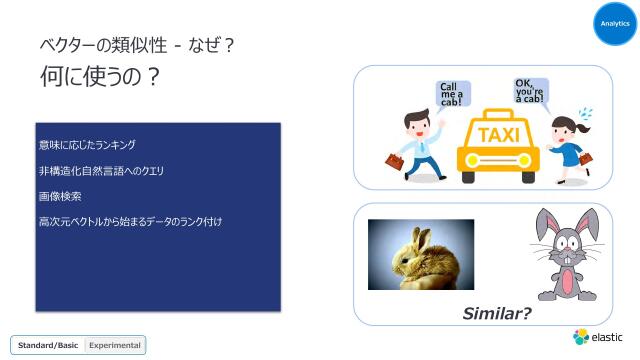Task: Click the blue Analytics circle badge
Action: [615, 23]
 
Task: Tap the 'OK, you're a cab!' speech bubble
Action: [530, 90]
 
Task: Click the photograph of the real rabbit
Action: [420, 254]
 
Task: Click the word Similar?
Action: [496, 313]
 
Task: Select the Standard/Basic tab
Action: [47, 345]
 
